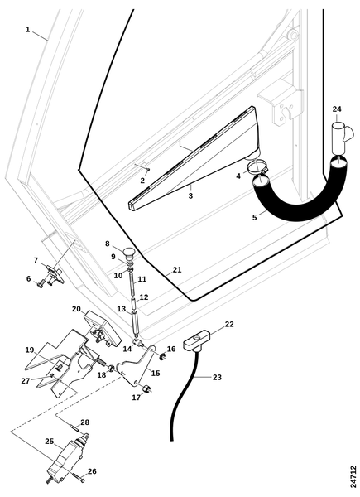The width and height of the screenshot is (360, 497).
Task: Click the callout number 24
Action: tap(337, 109)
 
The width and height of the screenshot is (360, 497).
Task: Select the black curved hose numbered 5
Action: tap(300, 195)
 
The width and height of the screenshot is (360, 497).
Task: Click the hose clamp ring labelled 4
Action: tap(257, 166)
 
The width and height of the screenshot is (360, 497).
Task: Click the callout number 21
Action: tap(177, 270)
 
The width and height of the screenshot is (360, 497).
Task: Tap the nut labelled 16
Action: tap(161, 356)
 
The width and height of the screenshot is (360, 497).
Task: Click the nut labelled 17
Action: tap(146, 388)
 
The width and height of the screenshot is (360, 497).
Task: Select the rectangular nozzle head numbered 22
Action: tap(196, 341)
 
